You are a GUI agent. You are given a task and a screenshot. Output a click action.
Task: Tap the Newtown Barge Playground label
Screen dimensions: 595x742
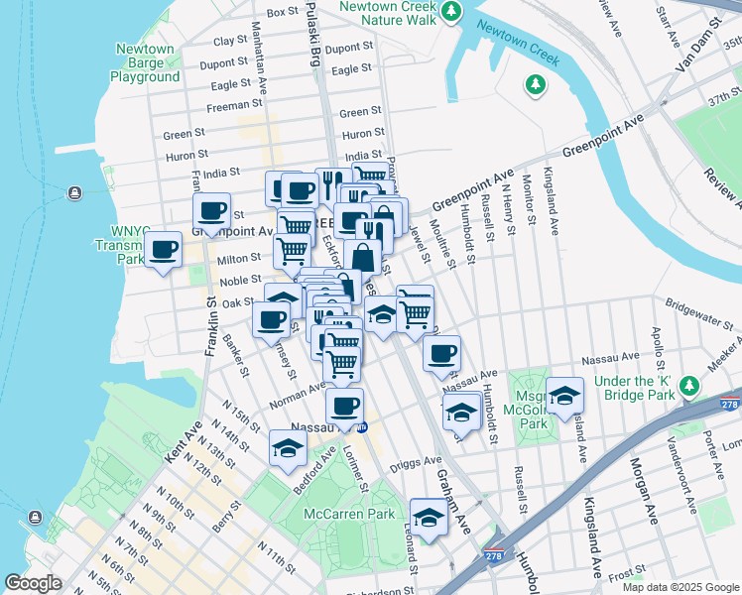click(x=145, y=62)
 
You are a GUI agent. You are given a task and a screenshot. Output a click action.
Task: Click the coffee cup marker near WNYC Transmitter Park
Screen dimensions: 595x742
click(x=163, y=249)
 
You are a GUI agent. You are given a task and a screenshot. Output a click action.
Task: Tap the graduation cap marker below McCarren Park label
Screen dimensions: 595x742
click(x=429, y=518)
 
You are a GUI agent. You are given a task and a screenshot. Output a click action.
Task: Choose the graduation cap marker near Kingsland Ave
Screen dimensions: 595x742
click(x=564, y=396)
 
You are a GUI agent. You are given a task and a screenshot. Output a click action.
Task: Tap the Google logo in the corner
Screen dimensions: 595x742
click(x=33, y=583)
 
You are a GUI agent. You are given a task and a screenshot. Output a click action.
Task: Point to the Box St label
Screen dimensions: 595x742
click(x=283, y=12)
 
